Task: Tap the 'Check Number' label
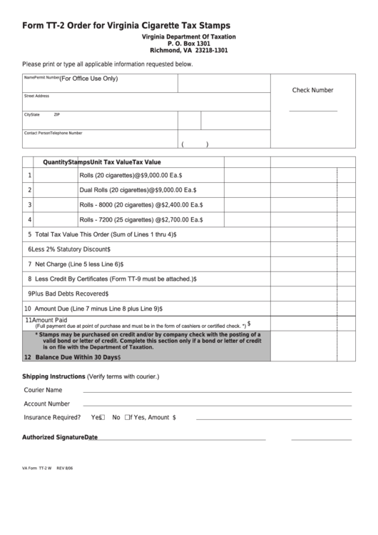312,91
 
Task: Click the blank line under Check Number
312,111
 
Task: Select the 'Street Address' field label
36,96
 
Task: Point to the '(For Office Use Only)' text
88,79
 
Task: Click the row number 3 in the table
29,205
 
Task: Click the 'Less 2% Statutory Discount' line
71,249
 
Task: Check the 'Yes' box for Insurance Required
103,418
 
